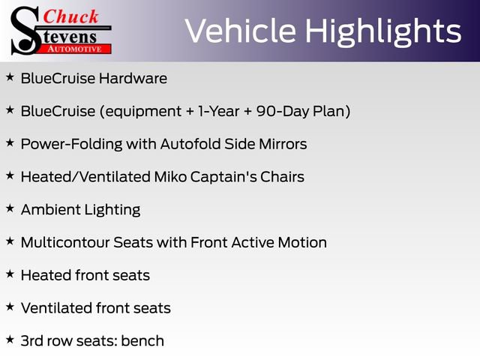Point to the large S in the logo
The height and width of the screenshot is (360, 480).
24,31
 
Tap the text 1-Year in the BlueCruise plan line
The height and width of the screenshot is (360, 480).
217,111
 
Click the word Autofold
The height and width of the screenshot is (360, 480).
191,144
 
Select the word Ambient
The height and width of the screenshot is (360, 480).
48,210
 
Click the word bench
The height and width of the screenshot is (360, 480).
144,340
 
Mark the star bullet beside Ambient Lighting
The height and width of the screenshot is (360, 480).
10,208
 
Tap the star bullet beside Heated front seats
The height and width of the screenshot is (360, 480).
10,274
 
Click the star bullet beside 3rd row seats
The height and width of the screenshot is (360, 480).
10,339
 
